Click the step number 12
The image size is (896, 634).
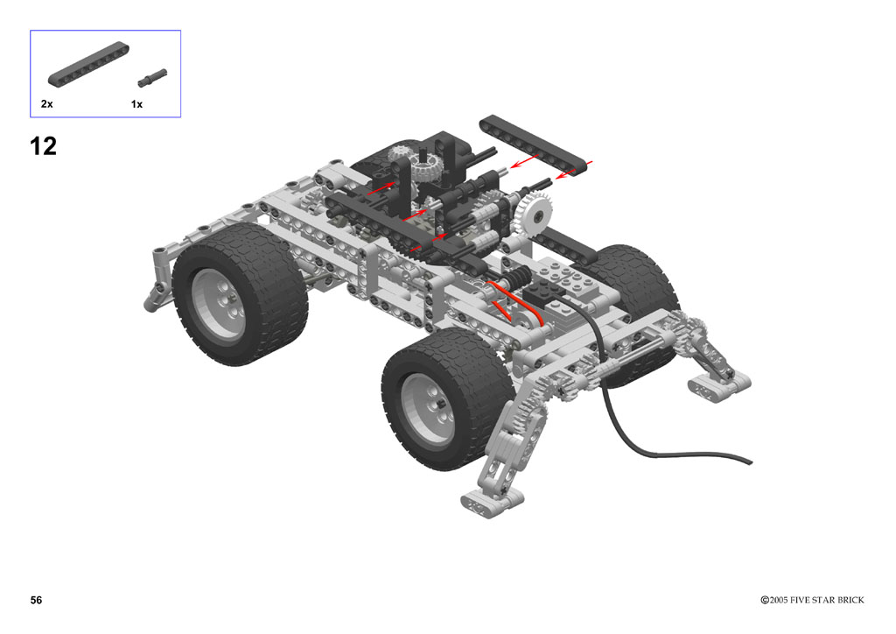pyautogui.click(x=44, y=146)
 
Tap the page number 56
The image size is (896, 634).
pyautogui.click(x=36, y=600)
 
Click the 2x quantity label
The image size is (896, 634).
pyautogui.click(x=47, y=103)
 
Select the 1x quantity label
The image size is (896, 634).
pyautogui.click(x=136, y=104)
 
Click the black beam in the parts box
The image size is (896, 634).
pyautogui.click(x=88, y=65)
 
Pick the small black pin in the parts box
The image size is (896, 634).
pyautogui.click(x=152, y=78)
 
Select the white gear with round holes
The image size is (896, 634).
pyautogui.click(x=535, y=214)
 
